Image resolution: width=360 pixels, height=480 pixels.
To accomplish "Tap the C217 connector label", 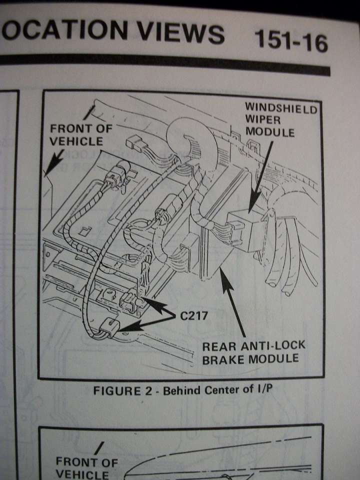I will click(x=194, y=316).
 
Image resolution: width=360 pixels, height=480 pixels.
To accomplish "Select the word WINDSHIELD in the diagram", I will click(x=280, y=107).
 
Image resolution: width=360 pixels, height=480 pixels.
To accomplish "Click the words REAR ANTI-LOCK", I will click(x=253, y=345).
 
